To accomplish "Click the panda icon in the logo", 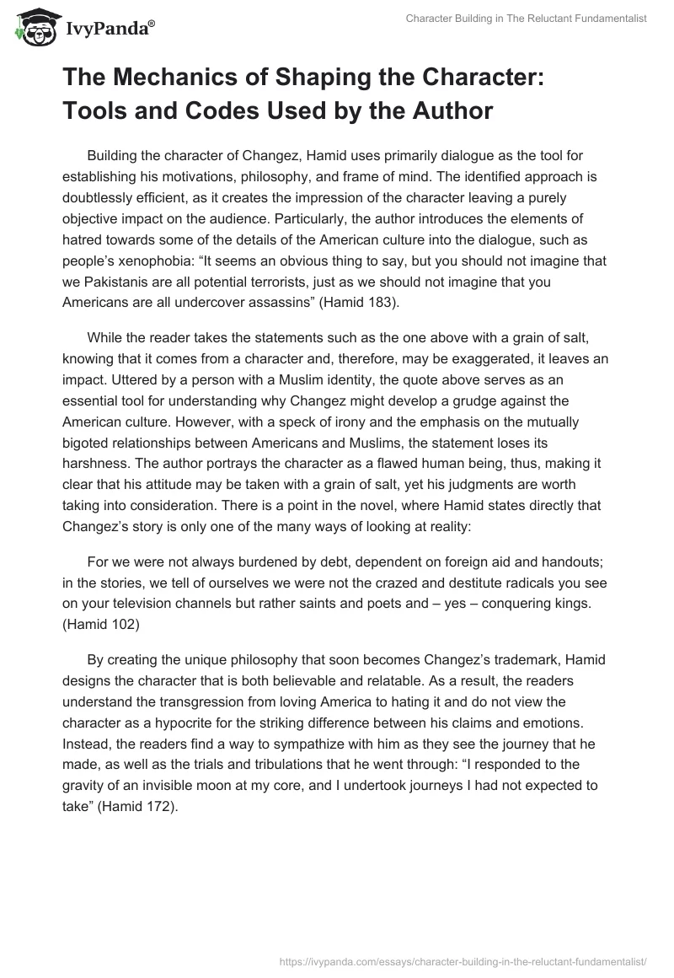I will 33,29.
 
